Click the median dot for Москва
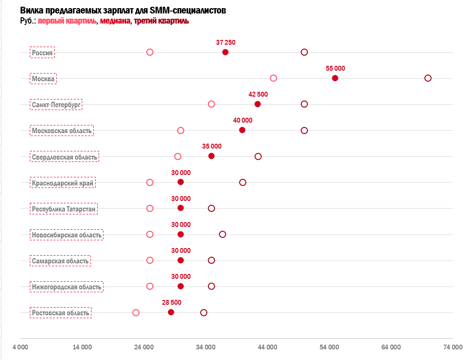tap(335, 78)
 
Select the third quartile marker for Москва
tap(428, 78)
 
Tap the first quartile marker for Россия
tap(150, 52)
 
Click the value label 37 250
tap(226, 43)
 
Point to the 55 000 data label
tap(335, 69)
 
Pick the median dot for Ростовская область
tap(171, 312)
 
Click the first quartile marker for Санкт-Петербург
tap(211, 104)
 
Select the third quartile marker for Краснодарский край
tap(242, 182)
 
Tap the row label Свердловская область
tap(64, 157)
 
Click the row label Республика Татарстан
tap(64, 209)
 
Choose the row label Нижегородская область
tap(66, 287)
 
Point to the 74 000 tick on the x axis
tap(453, 347)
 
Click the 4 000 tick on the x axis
tap(20, 347)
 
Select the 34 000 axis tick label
tap(206, 347)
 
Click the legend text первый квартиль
tap(67, 21)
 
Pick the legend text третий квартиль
tap(161, 21)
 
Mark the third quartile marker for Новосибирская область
tap(222, 235)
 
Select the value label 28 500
tap(172, 303)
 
